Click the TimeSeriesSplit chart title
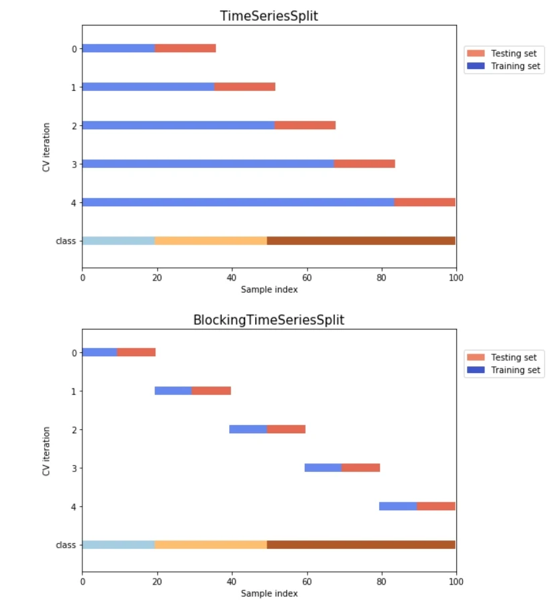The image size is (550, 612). tap(269, 16)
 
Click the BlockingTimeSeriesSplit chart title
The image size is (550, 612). tap(269, 320)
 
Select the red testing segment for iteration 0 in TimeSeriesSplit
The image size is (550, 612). tap(186, 48)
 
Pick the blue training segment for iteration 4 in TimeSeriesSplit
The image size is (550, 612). tap(238, 202)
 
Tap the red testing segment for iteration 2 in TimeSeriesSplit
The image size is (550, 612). tap(305, 125)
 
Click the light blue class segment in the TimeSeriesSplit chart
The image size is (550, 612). tap(119, 240)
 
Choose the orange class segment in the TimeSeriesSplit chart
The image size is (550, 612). tap(211, 240)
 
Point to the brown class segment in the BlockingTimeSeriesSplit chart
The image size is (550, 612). tap(361, 544)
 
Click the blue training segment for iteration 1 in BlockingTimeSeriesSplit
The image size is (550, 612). tap(173, 391)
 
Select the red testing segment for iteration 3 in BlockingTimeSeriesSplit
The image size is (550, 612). tap(360, 467)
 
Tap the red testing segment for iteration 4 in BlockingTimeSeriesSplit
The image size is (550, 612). tap(435, 506)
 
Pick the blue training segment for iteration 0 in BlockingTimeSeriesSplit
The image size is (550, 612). tap(100, 352)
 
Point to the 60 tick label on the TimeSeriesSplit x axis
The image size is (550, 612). tap(307, 277)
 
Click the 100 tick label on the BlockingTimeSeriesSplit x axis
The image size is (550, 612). tap(456, 581)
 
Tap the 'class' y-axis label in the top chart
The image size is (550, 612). tap(66, 240)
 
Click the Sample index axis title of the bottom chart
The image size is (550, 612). tap(269, 593)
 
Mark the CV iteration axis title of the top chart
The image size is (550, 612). tap(46, 147)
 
